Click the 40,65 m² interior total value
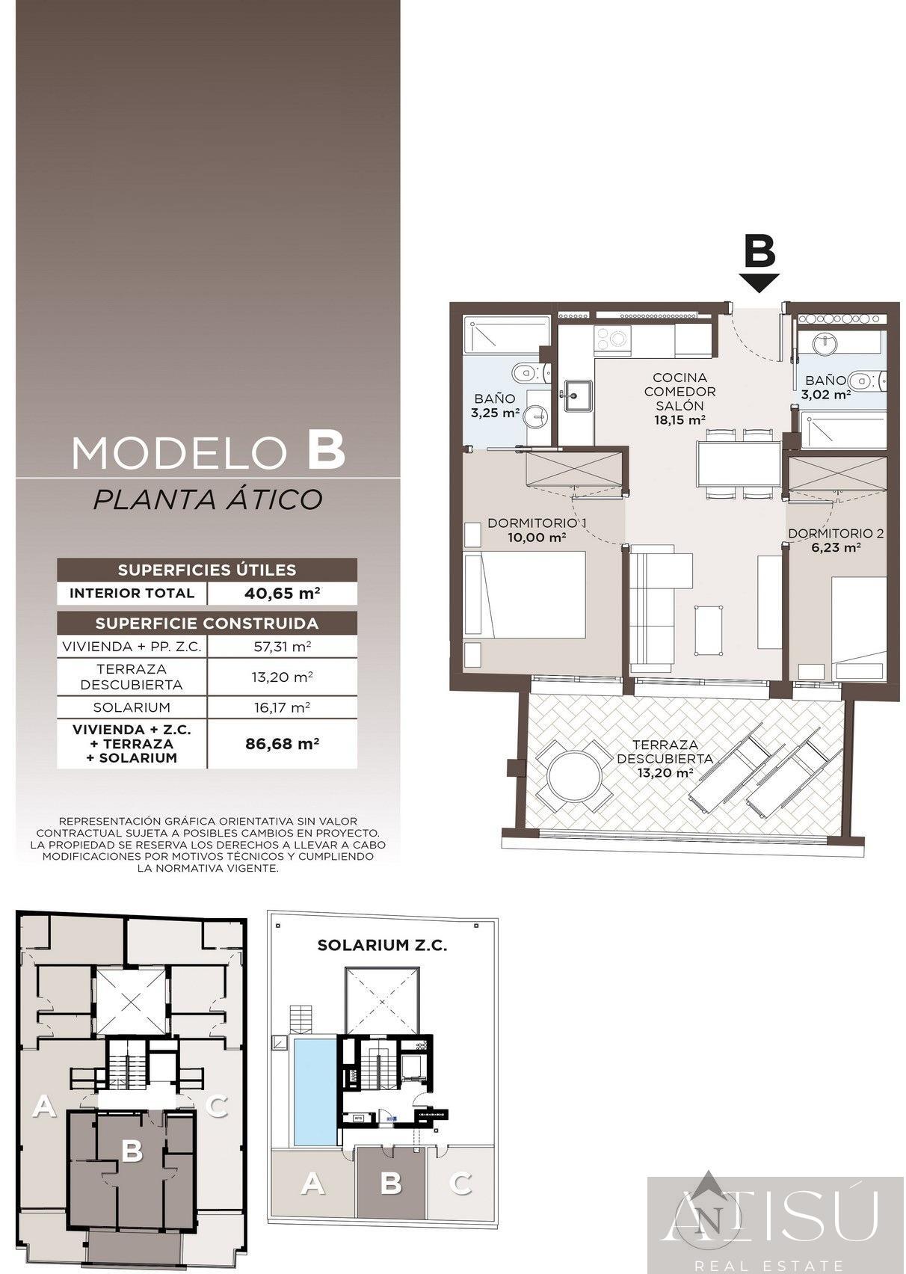[282, 593]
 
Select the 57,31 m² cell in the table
[282, 647]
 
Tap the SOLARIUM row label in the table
[132, 707]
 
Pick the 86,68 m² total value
[282, 743]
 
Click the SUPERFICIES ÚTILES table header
[207, 570]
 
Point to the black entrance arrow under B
[759, 283]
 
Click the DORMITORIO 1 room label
[537, 530]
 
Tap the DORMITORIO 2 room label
[836, 541]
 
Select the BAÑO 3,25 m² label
[496, 405]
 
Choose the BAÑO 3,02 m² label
[826, 387]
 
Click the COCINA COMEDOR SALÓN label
[680, 398]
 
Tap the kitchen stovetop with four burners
[612, 340]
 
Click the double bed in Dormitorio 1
[525, 594]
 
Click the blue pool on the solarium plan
[315, 1092]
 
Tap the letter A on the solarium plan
[312, 1184]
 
